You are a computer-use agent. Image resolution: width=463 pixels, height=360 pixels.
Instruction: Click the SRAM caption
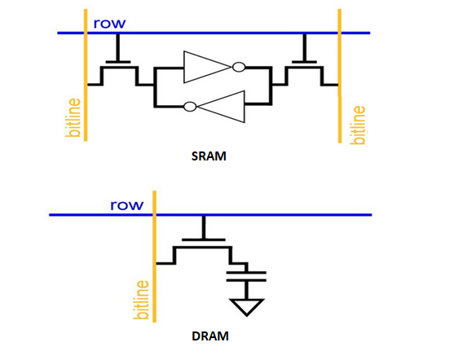[209, 156]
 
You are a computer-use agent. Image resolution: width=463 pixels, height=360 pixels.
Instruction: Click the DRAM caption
[210, 336]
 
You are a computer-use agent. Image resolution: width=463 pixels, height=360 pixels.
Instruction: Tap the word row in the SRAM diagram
[109, 24]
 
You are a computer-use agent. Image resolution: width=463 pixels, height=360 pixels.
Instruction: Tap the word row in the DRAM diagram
[127, 205]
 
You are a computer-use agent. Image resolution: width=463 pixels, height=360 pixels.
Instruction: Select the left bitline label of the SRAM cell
[73, 117]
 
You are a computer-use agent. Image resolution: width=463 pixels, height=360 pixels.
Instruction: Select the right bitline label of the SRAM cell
[358, 125]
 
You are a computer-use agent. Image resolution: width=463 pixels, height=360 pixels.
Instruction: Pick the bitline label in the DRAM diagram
[141, 300]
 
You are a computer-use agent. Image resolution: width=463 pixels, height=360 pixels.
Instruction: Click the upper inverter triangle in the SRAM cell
[207, 67]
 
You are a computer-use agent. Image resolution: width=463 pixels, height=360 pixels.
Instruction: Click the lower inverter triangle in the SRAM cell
[221, 107]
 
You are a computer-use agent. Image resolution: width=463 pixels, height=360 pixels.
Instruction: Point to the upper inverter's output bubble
[239, 67]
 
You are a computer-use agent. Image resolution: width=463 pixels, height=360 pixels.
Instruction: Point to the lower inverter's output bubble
[190, 107]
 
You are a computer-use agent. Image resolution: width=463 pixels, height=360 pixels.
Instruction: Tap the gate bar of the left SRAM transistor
[118, 62]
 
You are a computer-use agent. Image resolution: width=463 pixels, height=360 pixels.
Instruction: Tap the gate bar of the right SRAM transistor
[304, 62]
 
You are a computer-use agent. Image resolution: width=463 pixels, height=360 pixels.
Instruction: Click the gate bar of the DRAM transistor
[204, 239]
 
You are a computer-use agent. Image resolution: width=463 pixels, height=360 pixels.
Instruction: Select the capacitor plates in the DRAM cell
[246, 276]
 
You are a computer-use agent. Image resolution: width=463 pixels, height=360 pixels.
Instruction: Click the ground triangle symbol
[246, 307]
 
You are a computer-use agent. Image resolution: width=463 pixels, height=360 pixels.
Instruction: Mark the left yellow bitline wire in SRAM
[86, 75]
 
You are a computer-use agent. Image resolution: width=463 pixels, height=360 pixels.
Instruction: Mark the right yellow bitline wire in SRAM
[340, 76]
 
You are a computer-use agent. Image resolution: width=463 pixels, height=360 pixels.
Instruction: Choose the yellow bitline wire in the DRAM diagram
[154, 257]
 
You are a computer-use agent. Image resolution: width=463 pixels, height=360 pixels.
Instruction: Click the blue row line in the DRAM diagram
[210, 215]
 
